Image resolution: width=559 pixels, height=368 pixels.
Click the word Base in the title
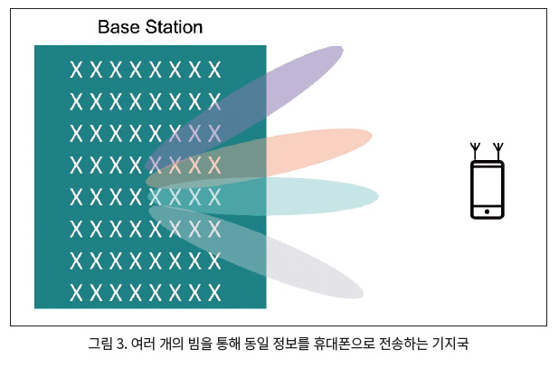click(x=118, y=27)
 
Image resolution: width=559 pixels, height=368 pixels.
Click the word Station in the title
click(x=174, y=27)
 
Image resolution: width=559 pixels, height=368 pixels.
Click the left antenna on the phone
click(x=475, y=151)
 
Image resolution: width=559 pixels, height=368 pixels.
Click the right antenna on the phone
click(x=498, y=151)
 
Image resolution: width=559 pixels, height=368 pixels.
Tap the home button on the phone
click(x=487, y=212)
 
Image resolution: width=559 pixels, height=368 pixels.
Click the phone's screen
click(x=487, y=185)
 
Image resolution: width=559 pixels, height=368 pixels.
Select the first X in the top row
click(x=76, y=70)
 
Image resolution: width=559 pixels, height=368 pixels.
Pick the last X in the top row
click(x=214, y=70)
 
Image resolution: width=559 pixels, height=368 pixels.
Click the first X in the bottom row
click(x=76, y=293)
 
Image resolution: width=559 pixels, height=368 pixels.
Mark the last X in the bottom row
click(x=214, y=293)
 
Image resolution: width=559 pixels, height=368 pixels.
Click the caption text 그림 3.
click(x=108, y=344)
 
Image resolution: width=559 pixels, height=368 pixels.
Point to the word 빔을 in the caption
click(x=200, y=344)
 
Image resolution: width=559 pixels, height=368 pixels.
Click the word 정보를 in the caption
click(x=290, y=344)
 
